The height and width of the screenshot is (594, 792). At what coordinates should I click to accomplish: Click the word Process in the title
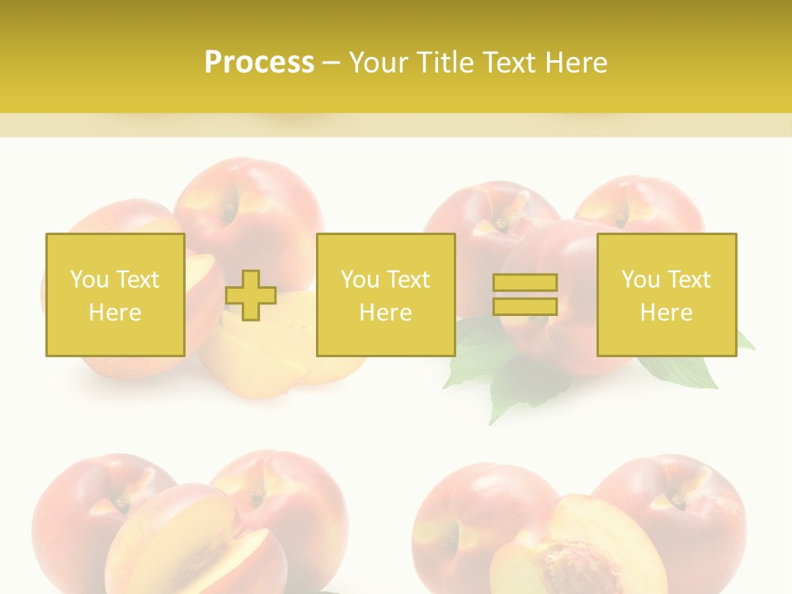tap(259, 63)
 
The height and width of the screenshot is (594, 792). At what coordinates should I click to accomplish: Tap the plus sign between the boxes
tap(251, 295)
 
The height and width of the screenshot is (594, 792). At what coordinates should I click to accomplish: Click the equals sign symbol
tap(525, 295)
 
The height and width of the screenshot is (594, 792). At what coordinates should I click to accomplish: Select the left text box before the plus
tap(115, 295)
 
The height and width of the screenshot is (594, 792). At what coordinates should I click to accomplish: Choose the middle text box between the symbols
tap(385, 295)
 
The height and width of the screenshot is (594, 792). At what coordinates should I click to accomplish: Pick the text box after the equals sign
tap(667, 295)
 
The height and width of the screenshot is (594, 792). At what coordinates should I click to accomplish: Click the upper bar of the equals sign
tap(525, 283)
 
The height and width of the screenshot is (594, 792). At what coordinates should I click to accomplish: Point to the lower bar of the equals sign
tap(525, 306)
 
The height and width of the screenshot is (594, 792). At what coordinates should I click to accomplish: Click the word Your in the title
tap(379, 63)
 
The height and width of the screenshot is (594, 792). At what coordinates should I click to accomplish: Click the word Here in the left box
tap(115, 312)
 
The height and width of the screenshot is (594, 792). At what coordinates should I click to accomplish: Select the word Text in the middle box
tap(408, 280)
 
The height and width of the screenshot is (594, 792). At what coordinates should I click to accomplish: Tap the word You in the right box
tap(640, 280)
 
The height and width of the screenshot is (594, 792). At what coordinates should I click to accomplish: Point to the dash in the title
tap(332, 63)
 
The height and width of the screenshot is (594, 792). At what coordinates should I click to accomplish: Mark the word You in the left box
tap(89, 280)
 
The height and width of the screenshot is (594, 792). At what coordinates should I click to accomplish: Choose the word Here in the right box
tap(667, 312)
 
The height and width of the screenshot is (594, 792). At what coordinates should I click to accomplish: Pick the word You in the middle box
tap(360, 280)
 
